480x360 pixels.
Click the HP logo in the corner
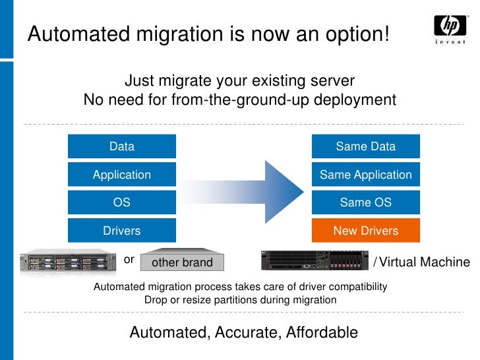[450, 29]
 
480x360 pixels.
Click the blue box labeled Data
[122, 146]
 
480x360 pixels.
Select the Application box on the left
[122, 175]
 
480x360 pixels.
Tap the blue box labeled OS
[122, 202]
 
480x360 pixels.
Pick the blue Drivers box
[122, 231]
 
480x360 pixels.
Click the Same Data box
[365, 146]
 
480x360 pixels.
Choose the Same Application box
[365, 175]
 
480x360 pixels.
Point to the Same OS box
[365, 202]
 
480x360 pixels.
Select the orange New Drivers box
[365, 231]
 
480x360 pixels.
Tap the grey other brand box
[183, 262]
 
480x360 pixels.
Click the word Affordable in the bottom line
[322, 332]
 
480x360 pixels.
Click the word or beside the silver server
[129, 260]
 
